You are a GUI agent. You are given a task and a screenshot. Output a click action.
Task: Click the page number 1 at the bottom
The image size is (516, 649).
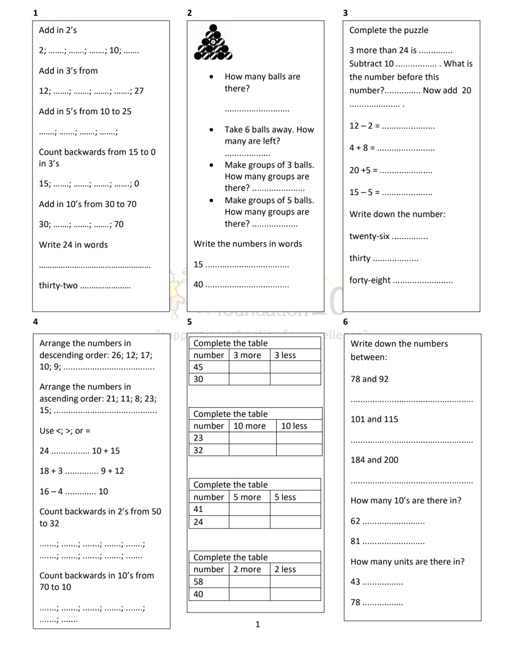258,624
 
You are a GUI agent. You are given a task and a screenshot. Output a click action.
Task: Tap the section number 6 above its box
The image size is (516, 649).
345,322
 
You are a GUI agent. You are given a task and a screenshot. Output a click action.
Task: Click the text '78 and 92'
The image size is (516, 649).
369,379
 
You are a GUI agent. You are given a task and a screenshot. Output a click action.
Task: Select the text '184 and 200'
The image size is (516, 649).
374,460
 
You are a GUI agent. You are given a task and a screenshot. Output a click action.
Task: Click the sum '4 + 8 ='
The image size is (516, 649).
362,148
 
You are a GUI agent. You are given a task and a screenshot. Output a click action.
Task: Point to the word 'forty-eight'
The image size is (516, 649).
370,280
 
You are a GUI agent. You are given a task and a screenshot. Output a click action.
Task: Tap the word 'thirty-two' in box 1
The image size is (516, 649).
58,285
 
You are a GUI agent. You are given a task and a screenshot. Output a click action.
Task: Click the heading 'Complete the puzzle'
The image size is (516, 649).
388,30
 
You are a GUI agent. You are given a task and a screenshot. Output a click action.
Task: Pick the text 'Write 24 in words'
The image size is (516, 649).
73,245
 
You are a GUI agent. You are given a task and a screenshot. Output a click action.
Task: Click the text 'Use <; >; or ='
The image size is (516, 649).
65,431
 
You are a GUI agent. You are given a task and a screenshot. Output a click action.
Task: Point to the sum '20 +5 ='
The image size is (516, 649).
363,170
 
